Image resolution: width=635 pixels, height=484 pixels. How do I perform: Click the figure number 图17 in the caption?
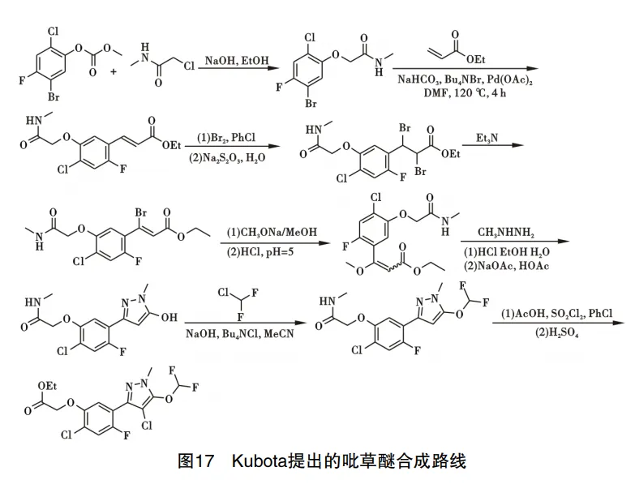[195, 462]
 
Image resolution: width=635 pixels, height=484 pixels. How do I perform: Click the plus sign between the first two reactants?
[112, 71]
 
